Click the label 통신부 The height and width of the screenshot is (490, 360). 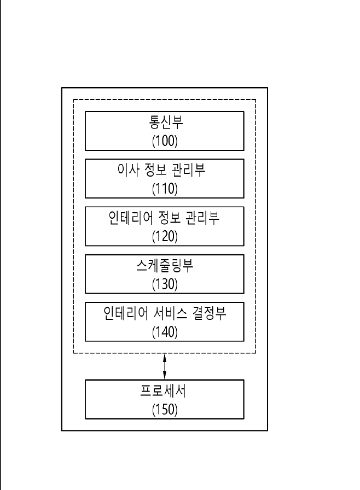(166, 122)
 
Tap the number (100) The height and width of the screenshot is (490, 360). (165, 141)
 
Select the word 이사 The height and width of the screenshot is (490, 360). (128, 170)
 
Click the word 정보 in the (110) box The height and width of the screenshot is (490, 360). (155, 170)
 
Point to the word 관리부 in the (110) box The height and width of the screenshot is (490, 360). (188, 170)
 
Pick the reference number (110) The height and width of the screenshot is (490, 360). (165, 189)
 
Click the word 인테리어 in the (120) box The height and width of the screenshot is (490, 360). (131, 218)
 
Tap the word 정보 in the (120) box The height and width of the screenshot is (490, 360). (170, 218)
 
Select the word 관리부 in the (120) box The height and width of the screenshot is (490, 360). (202, 218)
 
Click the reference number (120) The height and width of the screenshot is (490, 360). (165, 236)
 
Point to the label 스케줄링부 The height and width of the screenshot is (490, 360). (165, 265)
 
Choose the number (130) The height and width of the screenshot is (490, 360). (165, 284)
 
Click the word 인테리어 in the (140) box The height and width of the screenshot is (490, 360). (126, 313)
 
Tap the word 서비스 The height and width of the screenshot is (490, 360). (170, 313)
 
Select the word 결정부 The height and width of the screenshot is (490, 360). (209, 313)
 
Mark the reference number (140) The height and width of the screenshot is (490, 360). (165, 332)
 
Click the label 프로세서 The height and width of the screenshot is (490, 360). (163, 390)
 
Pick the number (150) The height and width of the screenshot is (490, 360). (165, 410)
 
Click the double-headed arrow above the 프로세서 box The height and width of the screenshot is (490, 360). (165, 366)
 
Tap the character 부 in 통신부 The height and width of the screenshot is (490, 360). (177, 122)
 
